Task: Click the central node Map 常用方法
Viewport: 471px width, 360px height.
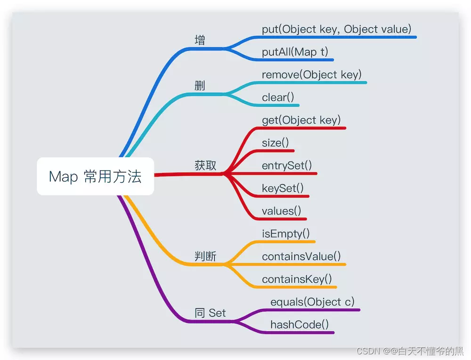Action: [95, 177]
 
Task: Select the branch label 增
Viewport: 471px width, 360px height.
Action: [200, 40]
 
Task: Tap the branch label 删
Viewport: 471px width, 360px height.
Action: [200, 86]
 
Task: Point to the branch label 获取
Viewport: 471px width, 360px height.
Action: [205, 165]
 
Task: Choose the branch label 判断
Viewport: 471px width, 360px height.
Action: [205, 256]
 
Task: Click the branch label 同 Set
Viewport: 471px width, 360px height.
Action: [210, 313]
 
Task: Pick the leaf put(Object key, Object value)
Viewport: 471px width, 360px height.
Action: [336, 29]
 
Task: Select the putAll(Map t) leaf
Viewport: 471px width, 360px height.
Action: [295, 52]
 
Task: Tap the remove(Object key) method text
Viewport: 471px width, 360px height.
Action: [311, 74]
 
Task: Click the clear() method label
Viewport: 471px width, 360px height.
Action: [278, 98]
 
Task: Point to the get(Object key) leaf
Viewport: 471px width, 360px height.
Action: [301, 120]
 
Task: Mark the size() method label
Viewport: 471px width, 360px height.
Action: [275, 143]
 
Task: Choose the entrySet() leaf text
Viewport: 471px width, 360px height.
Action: [286, 165]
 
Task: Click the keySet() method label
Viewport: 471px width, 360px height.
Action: [283, 188]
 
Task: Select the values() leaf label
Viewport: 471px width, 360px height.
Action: [281, 211]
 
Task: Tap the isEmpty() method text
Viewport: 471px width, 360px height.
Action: [285, 233]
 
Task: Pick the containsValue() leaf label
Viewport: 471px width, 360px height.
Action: [301, 256]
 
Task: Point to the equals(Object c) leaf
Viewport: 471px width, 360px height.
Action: [312, 302]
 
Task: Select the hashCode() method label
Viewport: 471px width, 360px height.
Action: [299, 324]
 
